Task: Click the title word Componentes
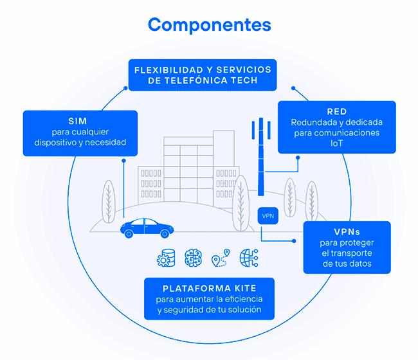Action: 209,24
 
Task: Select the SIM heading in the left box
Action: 80,121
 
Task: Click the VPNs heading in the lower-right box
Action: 346,231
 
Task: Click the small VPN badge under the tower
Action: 268,215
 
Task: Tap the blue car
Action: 147,228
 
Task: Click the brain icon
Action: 192,258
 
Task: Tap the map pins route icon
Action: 219,258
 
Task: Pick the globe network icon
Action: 248,258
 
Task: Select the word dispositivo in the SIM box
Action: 53,142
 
